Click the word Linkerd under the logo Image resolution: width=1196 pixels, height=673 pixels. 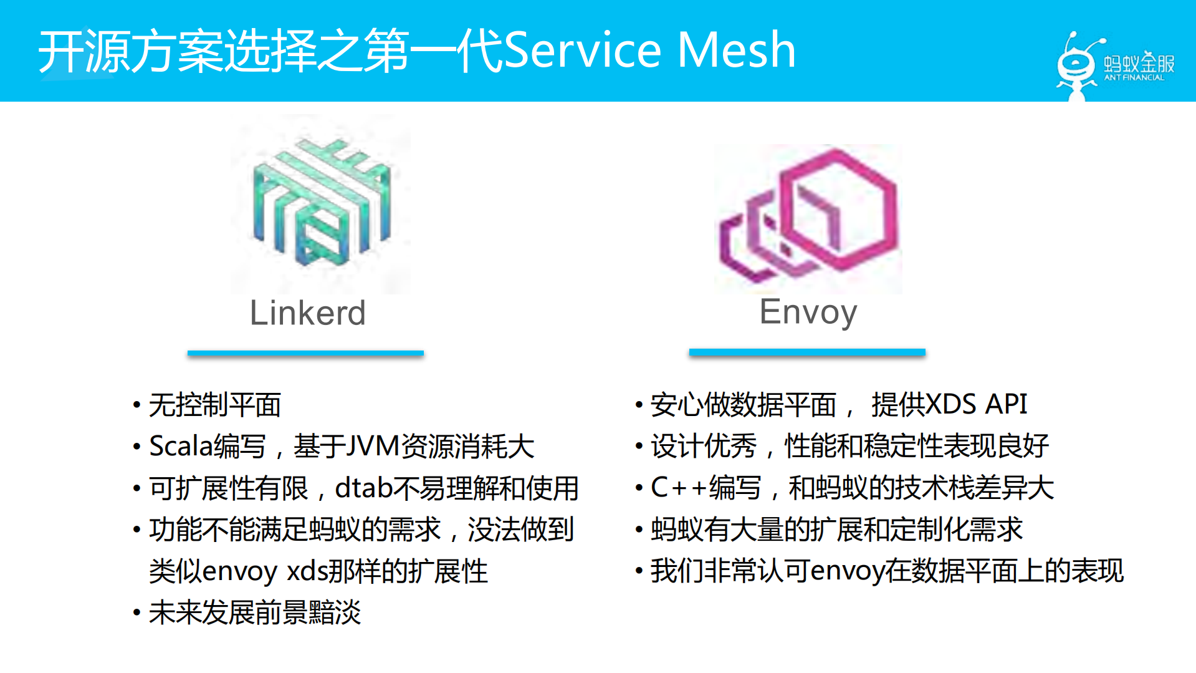click(x=307, y=313)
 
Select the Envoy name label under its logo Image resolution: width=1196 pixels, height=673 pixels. click(x=808, y=312)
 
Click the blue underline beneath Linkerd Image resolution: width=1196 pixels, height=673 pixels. click(x=305, y=353)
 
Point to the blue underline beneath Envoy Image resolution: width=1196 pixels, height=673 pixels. click(x=807, y=352)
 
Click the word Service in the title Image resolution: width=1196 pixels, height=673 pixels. click(x=582, y=50)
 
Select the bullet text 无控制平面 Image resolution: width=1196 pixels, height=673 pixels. click(x=215, y=405)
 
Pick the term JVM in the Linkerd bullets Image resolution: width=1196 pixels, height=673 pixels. click(x=372, y=447)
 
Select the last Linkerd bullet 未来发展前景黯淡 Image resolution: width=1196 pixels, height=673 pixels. click(x=255, y=612)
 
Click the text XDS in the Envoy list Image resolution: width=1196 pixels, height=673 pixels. click(x=951, y=404)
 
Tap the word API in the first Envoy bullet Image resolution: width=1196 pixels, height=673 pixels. click(x=1006, y=404)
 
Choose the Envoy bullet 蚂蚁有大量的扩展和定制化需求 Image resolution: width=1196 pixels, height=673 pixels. click(x=836, y=530)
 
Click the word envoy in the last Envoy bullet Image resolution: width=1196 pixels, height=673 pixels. click(x=847, y=571)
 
